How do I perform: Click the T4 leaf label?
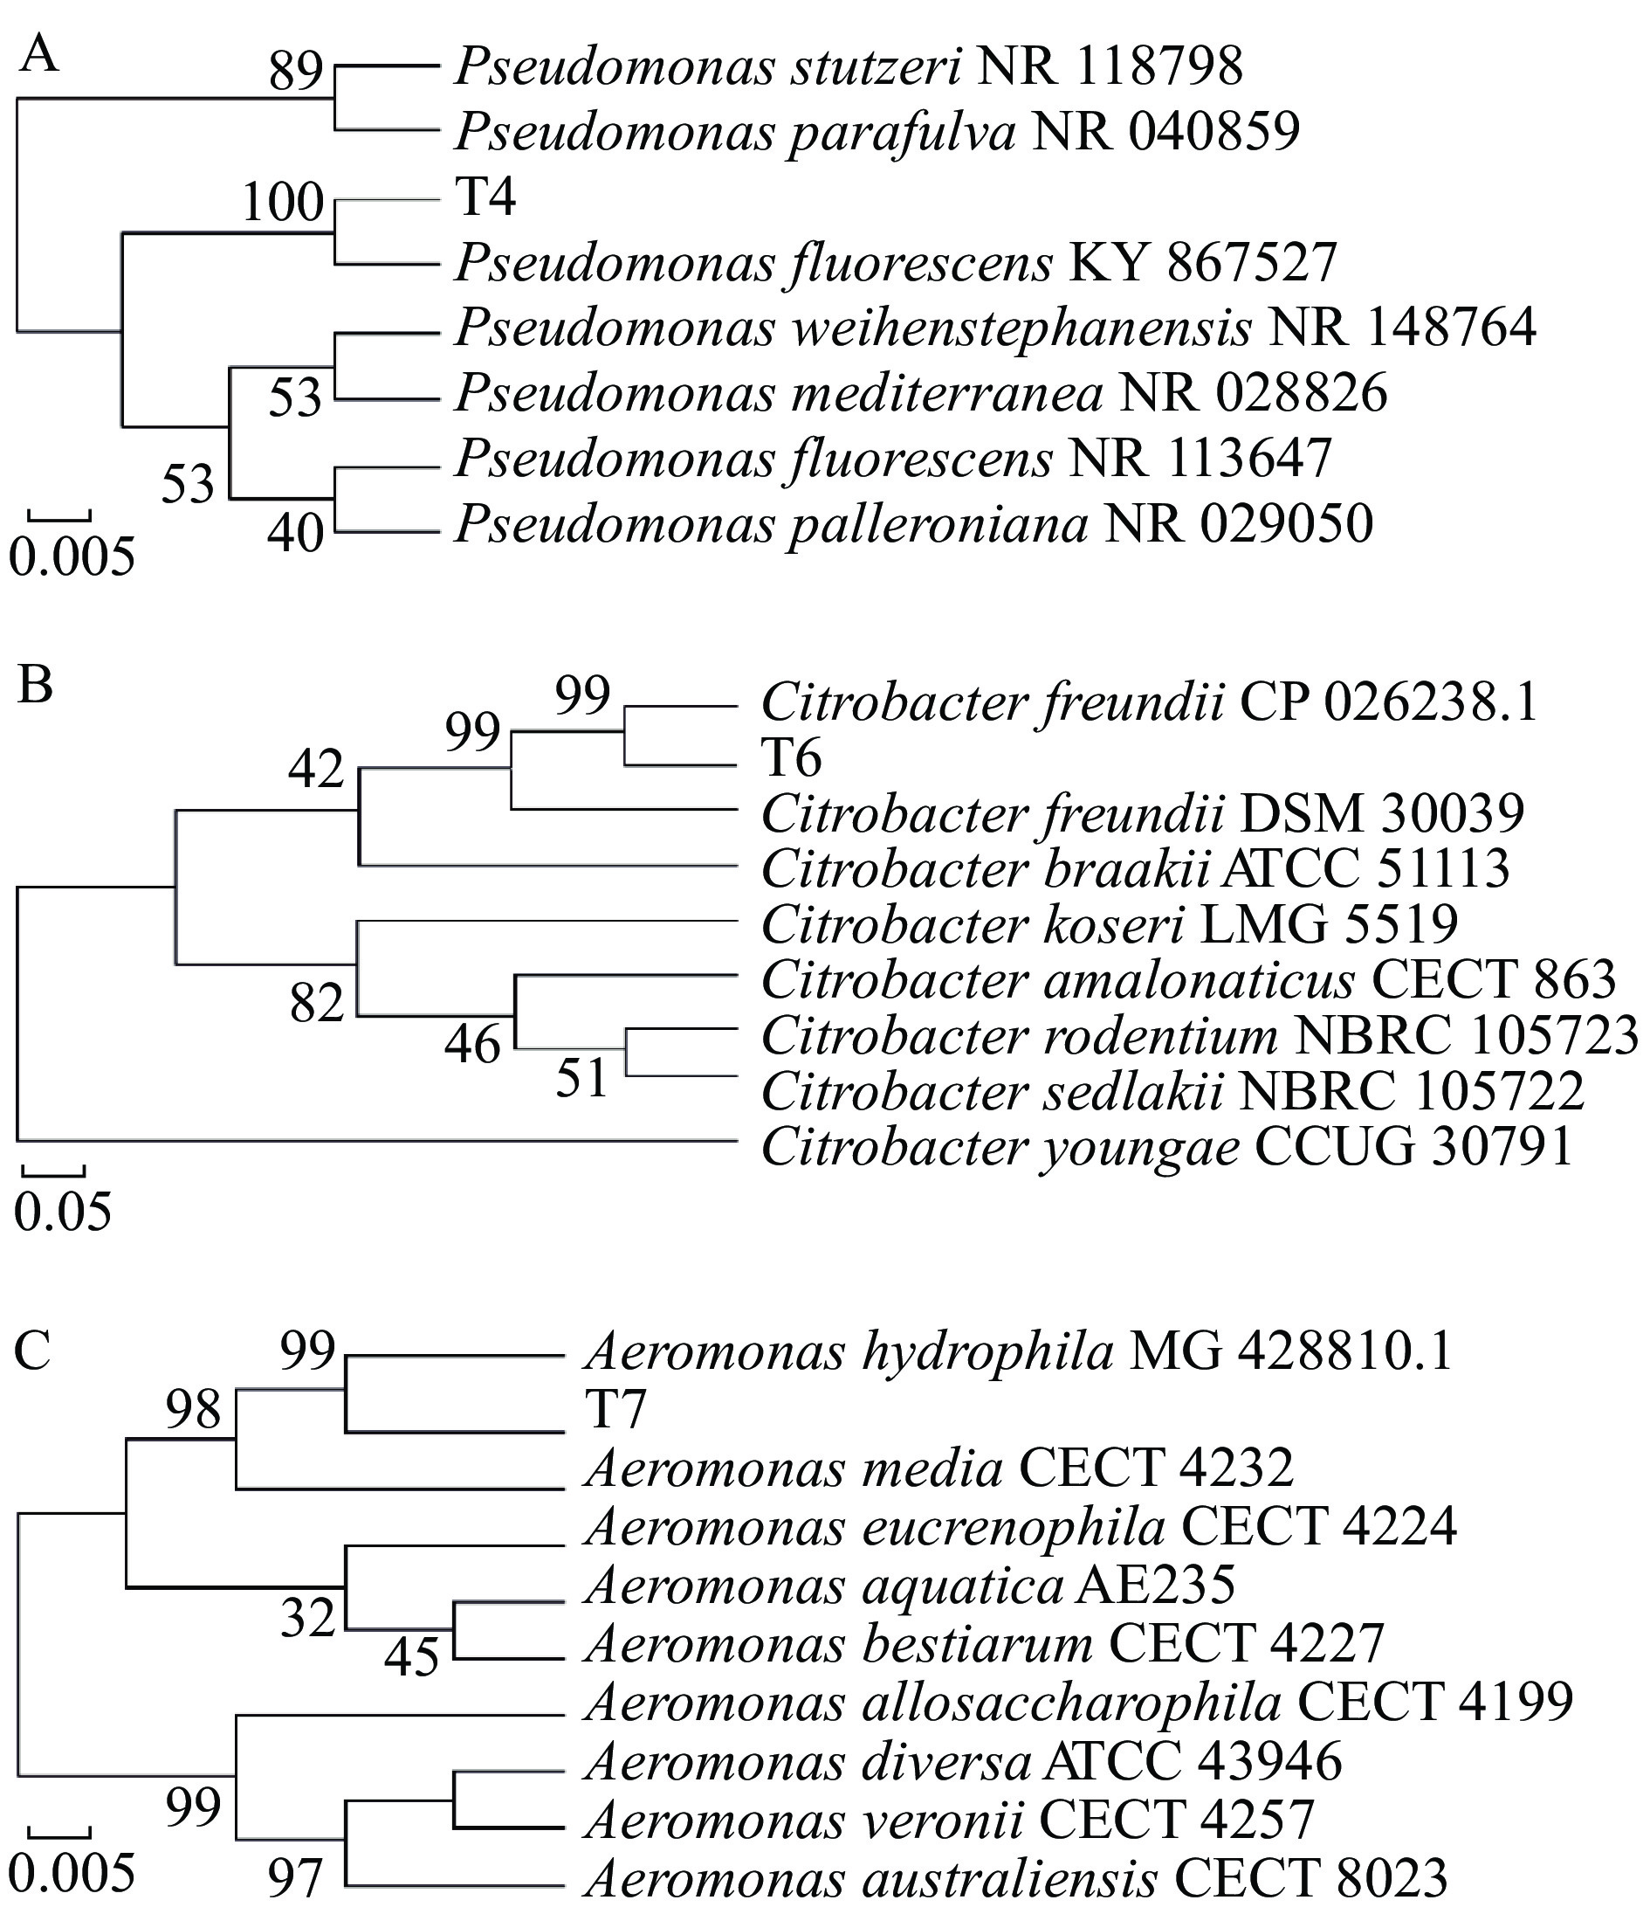[485, 197]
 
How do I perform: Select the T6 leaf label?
[791, 759]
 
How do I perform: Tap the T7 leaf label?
[615, 1411]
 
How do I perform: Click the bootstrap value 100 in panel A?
[283, 203]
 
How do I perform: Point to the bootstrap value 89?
[295, 72]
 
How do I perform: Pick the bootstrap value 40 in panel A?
[295, 533]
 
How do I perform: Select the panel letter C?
[33, 1351]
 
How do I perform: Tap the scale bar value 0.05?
[63, 1212]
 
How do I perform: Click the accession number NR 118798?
[1110, 66]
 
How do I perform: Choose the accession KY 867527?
[1203, 263]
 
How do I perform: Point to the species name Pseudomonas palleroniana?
[772, 525]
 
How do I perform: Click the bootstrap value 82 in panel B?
[317, 1003]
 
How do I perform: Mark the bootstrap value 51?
[581, 1078]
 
